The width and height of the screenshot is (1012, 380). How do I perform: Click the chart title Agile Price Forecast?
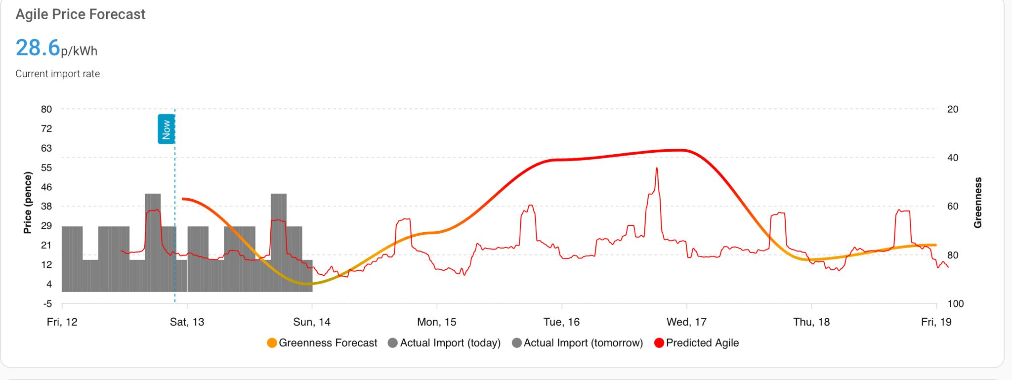(x=81, y=14)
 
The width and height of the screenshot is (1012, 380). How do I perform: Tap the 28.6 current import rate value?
(x=38, y=48)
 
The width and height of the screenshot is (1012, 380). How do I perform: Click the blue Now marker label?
(x=166, y=129)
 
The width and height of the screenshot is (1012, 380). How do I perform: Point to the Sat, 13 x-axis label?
(x=187, y=322)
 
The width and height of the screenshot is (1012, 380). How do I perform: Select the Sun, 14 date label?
(x=312, y=322)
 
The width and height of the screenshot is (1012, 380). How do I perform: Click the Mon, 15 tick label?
(x=437, y=322)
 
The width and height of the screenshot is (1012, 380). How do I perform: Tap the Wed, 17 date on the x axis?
(x=686, y=322)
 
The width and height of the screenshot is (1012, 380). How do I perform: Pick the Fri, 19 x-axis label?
(x=936, y=322)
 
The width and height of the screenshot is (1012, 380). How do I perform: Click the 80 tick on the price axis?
(x=46, y=109)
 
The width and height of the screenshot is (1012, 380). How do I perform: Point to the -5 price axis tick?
(x=47, y=303)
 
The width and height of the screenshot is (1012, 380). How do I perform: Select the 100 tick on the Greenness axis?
(x=956, y=303)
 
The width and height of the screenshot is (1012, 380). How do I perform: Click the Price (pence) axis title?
(x=28, y=203)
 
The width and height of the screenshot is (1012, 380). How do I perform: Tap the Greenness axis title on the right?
(x=977, y=203)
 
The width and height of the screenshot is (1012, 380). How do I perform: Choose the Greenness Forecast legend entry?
(x=322, y=343)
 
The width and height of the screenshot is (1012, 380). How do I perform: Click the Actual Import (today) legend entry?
(x=444, y=343)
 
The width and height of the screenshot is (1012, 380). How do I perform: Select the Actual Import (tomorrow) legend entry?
(x=578, y=343)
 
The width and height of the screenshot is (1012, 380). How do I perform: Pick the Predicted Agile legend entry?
(x=696, y=343)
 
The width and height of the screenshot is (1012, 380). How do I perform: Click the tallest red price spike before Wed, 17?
(x=657, y=168)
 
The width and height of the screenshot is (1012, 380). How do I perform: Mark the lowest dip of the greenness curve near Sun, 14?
(x=308, y=284)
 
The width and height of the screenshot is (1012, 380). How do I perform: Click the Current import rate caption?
(x=58, y=74)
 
